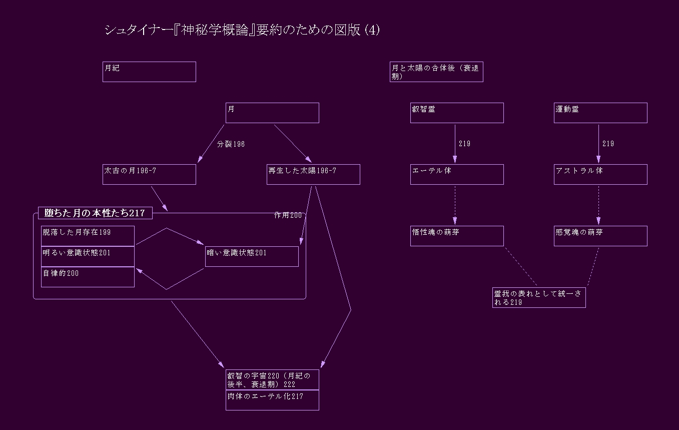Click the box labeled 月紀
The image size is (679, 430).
(149, 72)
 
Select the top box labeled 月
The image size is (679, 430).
(272, 113)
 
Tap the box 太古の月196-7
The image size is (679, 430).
(149, 174)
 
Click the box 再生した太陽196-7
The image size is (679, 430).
(313, 174)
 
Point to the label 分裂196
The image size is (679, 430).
(231, 144)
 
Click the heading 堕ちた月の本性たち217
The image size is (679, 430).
(95, 213)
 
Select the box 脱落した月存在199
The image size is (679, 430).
(88, 236)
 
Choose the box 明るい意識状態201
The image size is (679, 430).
(88, 256)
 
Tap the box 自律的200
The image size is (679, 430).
(88, 277)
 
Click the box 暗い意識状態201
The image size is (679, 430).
(252, 256)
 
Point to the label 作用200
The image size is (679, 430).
(288, 215)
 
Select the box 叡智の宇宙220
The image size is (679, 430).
(272, 379)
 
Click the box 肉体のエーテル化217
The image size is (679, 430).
(272, 400)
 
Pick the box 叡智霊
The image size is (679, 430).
(457, 113)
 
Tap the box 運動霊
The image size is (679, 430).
(600, 113)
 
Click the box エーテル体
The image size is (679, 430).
(457, 174)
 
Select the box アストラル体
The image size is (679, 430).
(600, 174)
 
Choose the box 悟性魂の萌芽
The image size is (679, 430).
(457, 236)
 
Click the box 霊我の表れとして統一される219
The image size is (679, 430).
(539, 297)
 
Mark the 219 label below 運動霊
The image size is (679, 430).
(608, 144)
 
